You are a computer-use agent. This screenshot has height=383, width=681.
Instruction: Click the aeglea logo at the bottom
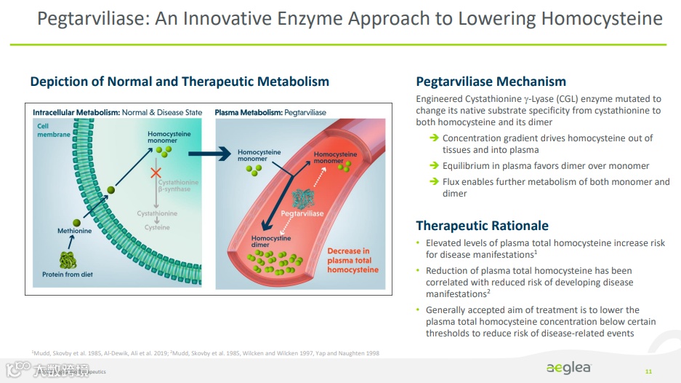[569, 368]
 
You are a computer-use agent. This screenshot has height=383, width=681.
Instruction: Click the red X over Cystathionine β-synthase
[156, 173]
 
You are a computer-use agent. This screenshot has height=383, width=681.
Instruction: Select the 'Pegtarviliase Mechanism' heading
[491, 82]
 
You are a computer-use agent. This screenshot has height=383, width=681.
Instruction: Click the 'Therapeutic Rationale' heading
[482, 226]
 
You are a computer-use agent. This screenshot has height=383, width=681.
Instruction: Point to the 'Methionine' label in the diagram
[74, 231]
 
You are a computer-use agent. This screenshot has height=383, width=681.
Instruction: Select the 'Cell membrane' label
[54, 130]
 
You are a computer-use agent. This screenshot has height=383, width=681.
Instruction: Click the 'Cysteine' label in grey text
[157, 228]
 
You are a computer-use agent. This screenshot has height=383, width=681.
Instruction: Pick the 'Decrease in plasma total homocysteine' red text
[352, 260]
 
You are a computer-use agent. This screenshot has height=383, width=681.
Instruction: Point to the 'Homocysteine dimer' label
[270, 242]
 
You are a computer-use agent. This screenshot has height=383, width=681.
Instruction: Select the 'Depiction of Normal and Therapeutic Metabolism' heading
[180, 82]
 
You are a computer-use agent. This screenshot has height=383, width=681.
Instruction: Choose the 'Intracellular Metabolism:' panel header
[76, 113]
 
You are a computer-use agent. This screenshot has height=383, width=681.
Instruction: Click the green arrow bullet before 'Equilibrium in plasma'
[433, 166]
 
